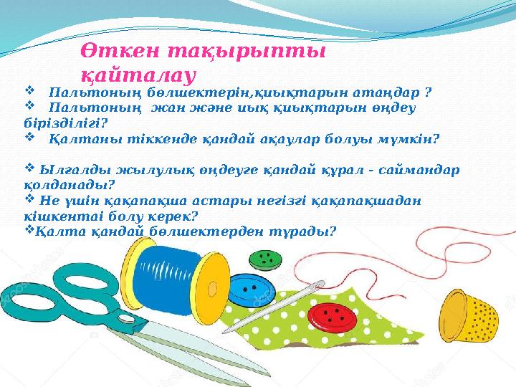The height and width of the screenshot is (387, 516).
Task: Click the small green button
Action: click(268, 259)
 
